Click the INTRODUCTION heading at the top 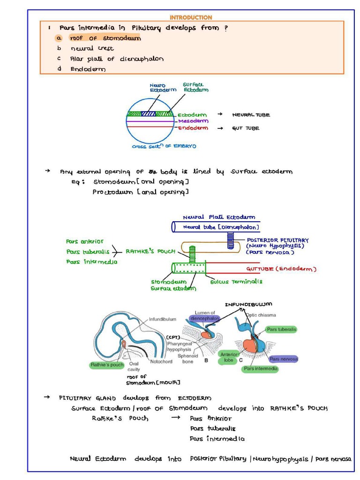coord(190,17)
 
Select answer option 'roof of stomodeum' coord(105,38)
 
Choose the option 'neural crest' coord(92,48)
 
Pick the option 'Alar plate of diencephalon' coord(117,59)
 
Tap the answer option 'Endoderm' coord(88,69)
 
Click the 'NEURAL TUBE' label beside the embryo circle coord(251,115)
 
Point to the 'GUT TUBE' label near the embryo coord(245,128)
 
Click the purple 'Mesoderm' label coord(192,121)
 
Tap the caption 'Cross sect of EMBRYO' coord(164,146)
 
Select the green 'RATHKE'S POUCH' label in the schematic coord(150,251)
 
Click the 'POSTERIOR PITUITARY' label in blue coord(277,240)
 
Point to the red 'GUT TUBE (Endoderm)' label coord(281,269)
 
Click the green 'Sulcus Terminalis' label coord(236,282)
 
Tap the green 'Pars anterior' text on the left coord(85,241)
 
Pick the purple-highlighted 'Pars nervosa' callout coord(284,359)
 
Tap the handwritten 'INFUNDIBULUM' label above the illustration coord(248,305)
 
